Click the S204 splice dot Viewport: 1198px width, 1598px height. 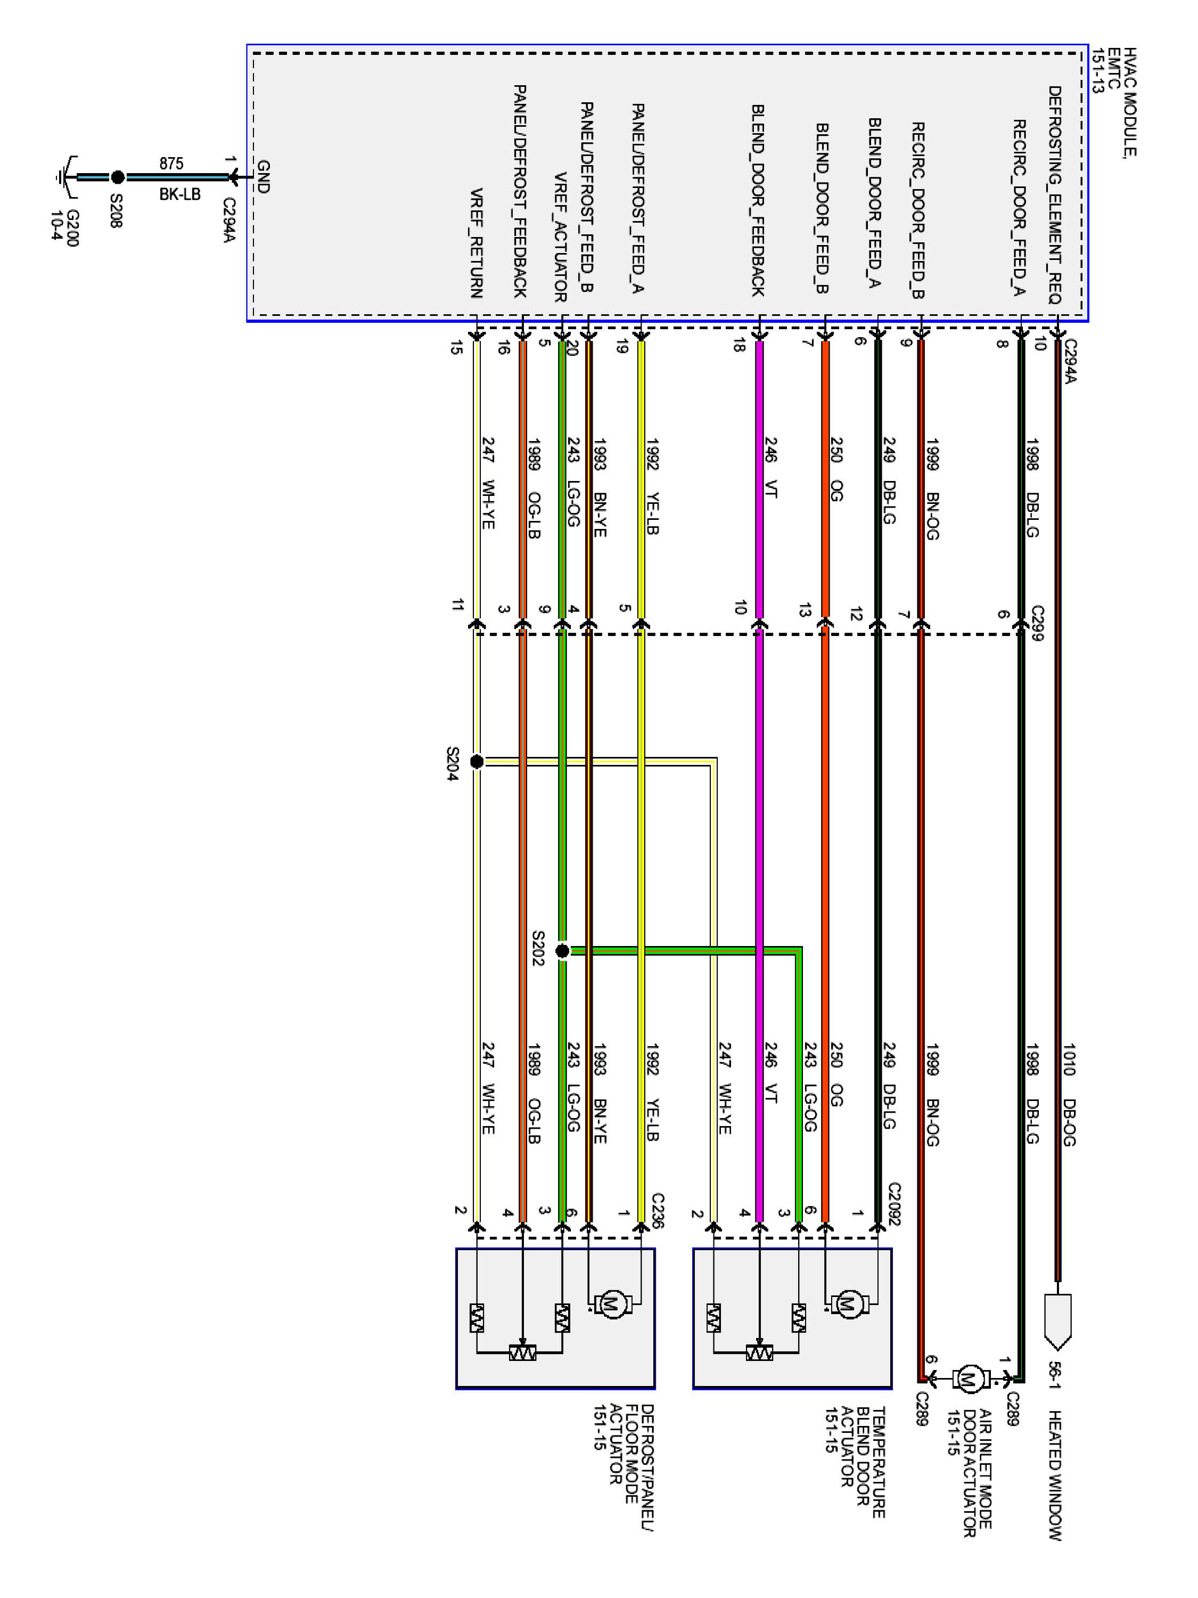477,761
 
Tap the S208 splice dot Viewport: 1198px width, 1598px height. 118,177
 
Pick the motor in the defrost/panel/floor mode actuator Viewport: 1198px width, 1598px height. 612,1305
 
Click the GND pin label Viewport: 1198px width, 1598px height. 263,176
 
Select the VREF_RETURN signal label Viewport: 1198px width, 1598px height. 477,243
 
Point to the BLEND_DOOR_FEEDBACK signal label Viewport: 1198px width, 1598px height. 758,200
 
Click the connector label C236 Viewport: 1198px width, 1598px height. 657,1210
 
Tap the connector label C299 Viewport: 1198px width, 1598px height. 1037,623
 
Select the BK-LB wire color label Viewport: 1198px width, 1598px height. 180,194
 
